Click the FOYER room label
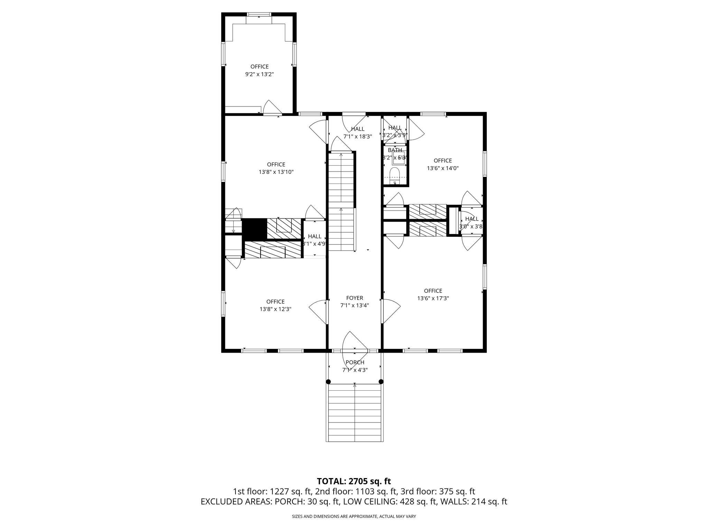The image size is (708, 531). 354,298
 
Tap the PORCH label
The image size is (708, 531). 355,362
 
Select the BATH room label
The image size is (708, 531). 395,150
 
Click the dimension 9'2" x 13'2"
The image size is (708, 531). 259,74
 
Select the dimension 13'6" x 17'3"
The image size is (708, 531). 433,298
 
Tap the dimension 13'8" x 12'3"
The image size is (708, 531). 276,309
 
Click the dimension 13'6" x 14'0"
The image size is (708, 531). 442,168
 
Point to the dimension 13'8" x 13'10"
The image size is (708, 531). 276,172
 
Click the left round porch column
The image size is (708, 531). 328,382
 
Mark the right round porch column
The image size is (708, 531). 381,382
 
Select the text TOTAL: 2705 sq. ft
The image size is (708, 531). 354,481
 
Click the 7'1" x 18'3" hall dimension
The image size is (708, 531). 357,137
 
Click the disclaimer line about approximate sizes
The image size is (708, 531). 354,516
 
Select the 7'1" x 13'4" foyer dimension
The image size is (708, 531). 354,306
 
